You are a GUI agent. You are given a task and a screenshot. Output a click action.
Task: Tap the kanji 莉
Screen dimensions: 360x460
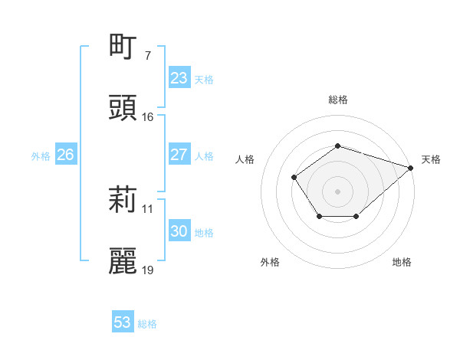[x=123, y=200]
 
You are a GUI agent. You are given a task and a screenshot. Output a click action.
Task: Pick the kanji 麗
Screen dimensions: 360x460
[x=123, y=261]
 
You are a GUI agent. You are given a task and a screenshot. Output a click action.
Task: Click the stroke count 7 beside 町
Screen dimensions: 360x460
[x=147, y=56]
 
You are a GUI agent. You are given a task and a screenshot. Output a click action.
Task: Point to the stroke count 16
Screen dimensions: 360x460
[x=148, y=117]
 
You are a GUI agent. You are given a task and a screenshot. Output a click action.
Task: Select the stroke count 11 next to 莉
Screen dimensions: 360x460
[x=148, y=208]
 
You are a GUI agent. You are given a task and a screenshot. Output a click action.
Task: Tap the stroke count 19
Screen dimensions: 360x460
[x=148, y=270]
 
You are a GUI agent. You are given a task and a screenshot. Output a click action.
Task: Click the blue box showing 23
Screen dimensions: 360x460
[x=179, y=78]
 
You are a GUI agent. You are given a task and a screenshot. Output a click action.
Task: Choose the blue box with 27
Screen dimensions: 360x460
[x=179, y=155]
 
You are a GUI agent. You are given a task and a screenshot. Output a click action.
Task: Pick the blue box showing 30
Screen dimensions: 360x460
[x=179, y=231]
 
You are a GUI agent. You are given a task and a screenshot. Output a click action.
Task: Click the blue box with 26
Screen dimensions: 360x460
[x=65, y=155]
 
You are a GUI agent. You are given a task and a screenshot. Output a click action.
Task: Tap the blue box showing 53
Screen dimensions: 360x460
[x=122, y=322]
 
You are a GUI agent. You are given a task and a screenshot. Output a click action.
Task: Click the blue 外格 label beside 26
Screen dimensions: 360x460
[x=41, y=156]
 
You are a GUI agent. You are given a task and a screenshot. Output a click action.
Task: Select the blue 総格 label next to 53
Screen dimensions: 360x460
[x=147, y=324]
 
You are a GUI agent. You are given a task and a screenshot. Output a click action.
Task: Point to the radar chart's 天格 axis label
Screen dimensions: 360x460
[x=431, y=159]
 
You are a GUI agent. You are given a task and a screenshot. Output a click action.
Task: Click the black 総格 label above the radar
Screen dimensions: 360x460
[x=337, y=100]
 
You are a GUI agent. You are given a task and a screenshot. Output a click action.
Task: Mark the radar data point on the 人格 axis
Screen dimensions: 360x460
[x=294, y=177]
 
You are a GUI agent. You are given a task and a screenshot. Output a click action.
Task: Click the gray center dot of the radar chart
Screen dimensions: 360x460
[x=337, y=191]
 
